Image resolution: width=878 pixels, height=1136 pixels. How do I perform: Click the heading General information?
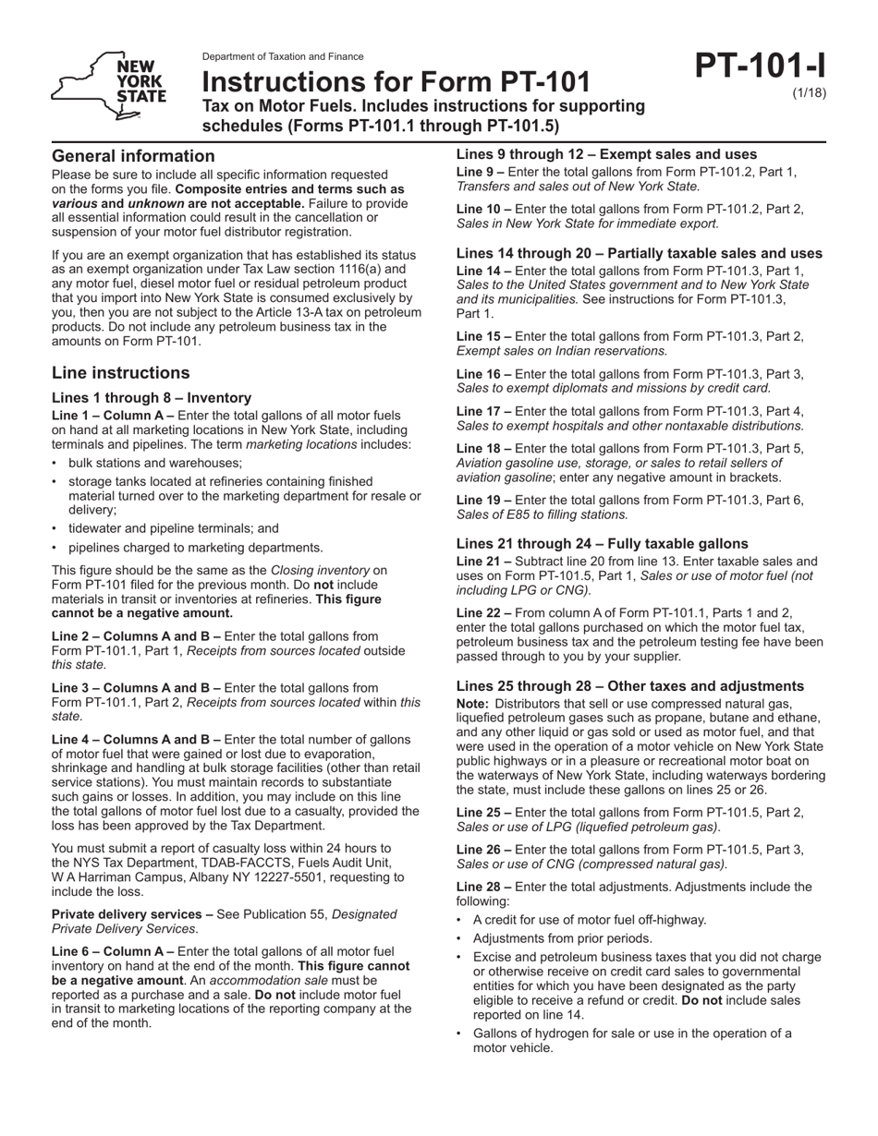133,156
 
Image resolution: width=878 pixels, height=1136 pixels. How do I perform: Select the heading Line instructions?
121,373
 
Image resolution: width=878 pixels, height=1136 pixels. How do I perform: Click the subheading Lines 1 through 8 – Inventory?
152,397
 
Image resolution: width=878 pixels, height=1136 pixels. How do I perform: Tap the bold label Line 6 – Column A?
112,951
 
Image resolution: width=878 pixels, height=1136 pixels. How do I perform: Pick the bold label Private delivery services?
130,914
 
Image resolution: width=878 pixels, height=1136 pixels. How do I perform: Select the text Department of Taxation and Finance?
283,56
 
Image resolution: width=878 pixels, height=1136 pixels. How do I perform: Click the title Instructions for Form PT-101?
396,81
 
